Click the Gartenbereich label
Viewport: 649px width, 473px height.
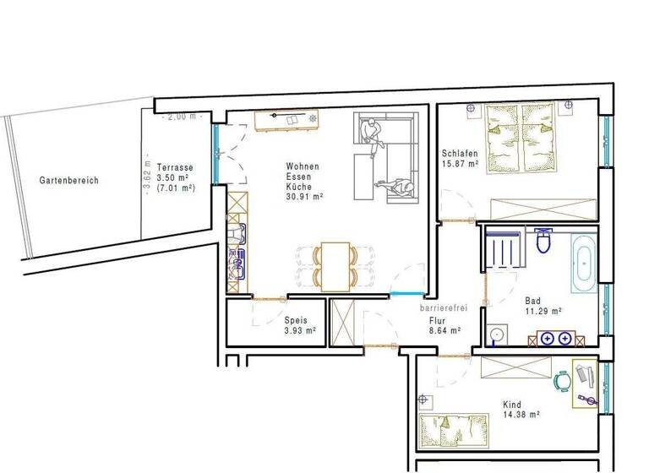(x=69, y=181)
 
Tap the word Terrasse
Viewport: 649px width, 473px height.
(x=175, y=167)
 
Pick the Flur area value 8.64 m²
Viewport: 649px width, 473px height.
(x=444, y=331)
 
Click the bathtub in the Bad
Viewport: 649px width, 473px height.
(x=584, y=263)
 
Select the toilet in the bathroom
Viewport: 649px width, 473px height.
(x=545, y=242)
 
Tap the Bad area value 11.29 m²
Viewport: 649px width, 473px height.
(x=543, y=311)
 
